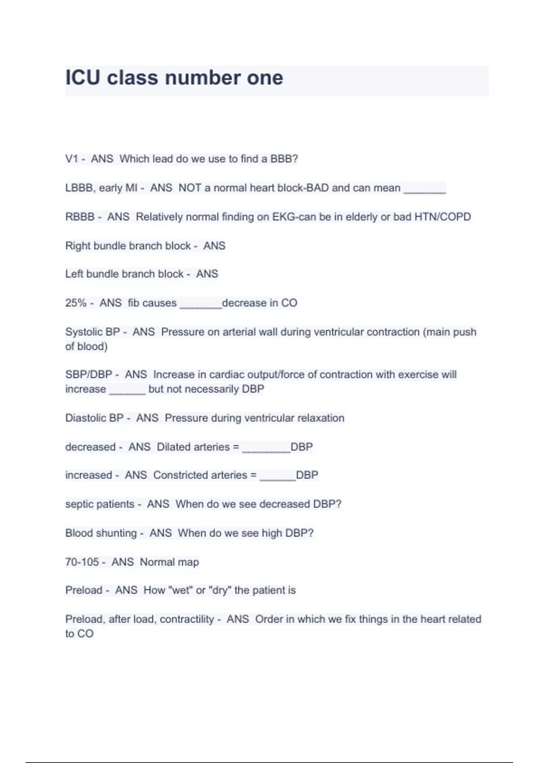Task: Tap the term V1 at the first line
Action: pyautogui.click(x=71, y=159)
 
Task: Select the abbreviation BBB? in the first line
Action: pyautogui.click(x=284, y=159)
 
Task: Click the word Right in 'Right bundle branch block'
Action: pyautogui.click(x=78, y=246)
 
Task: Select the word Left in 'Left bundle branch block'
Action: pyautogui.click(x=74, y=274)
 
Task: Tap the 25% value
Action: pyautogui.click(x=75, y=303)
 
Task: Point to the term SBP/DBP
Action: pyautogui.click(x=88, y=375)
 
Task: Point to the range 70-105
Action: pyautogui.click(x=82, y=562)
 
